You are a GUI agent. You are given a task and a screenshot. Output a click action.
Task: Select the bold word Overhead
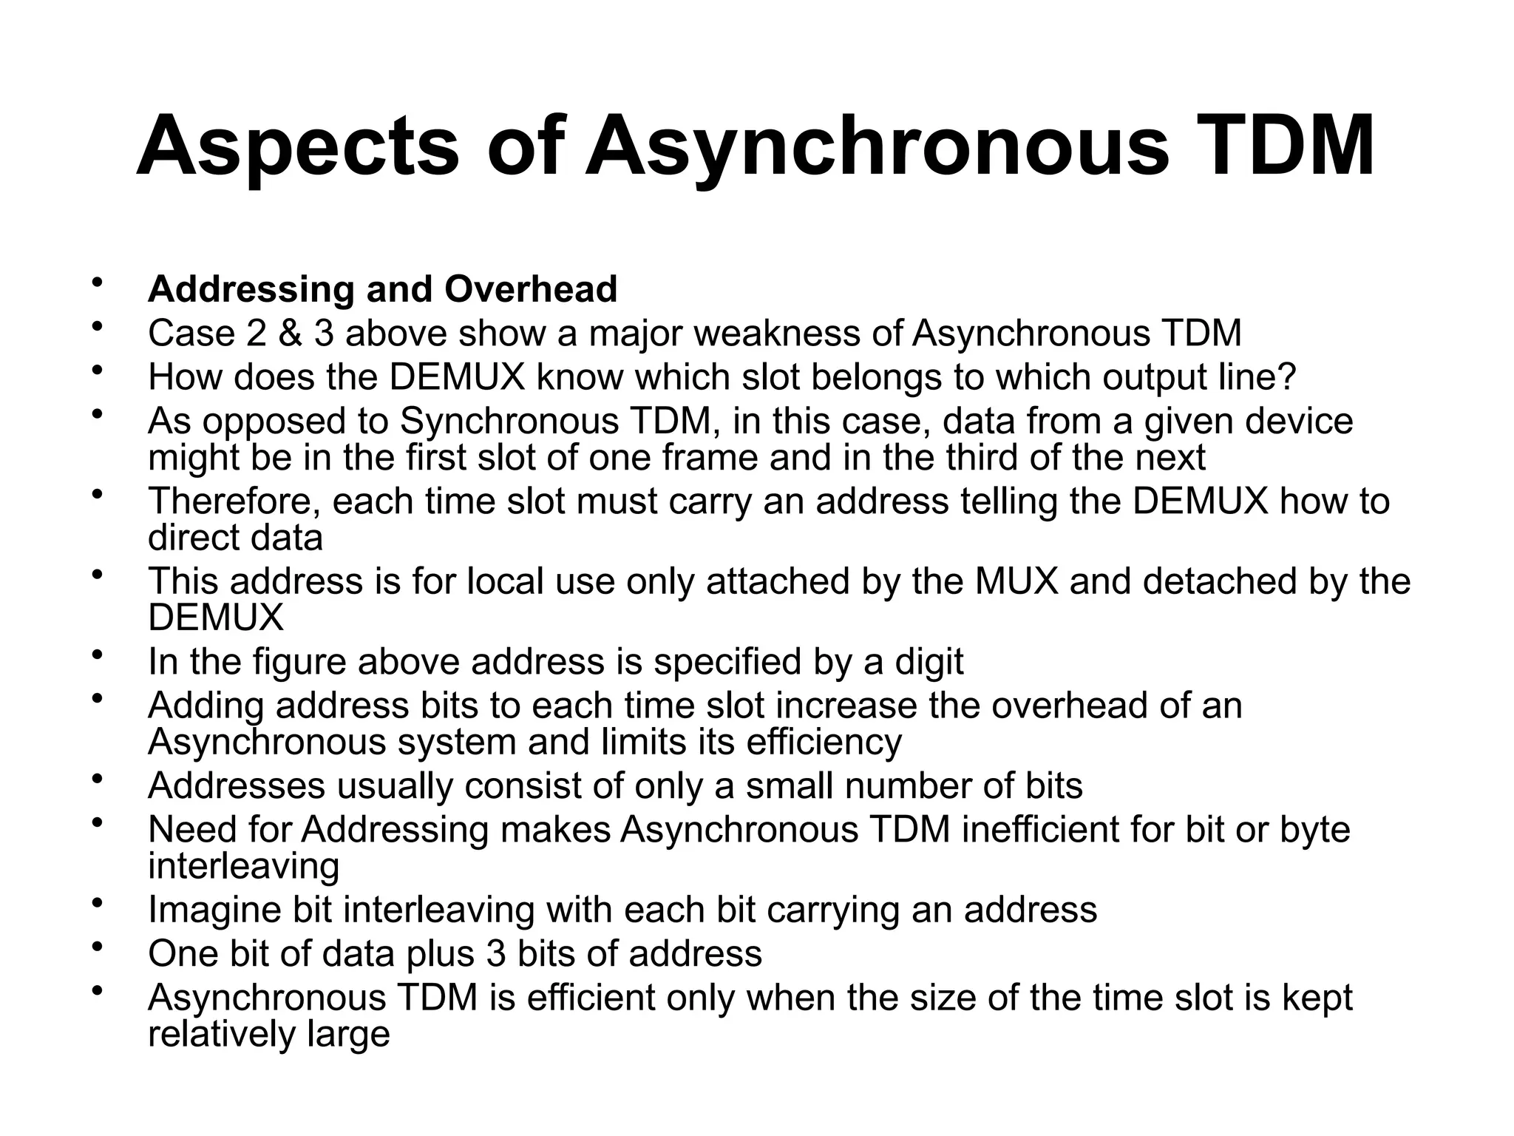pyautogui.click(x=530, y=288)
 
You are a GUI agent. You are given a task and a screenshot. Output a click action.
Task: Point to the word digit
pyautogui.click(x=929, y=661)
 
